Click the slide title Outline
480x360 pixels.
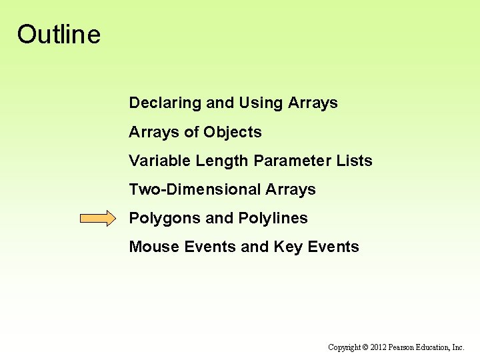tap(59, 35)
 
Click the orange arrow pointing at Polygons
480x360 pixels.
tap(97, 219)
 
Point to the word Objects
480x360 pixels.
tap(233, 132)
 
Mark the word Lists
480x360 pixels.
tap(355, 161)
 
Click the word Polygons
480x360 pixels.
tap(165, 218)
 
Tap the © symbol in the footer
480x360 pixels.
tap(365, 347)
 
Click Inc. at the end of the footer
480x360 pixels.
tap(459, 347)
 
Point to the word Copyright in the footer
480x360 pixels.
tap(344, 347)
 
